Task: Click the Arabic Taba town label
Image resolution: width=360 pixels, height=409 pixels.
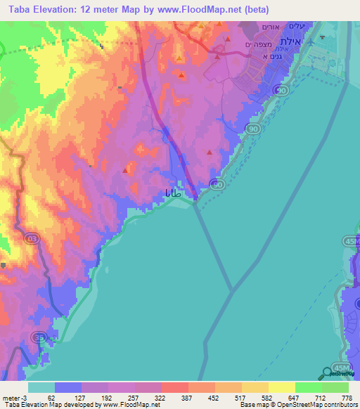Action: pos(176,193)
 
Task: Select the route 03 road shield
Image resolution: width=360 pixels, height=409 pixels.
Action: pos(30,239)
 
